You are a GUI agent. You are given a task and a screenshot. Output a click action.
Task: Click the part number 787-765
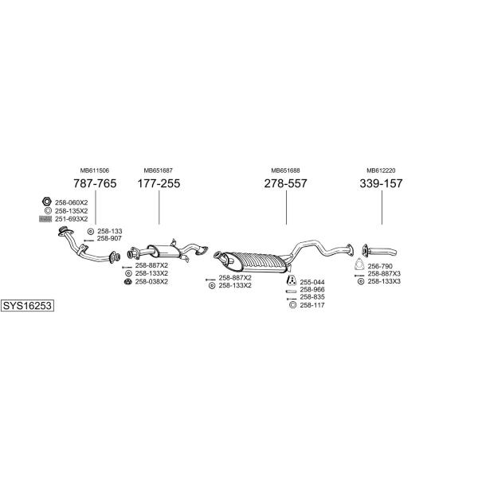coord(95,183)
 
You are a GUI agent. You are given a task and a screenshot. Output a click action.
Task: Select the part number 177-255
coord(159,183)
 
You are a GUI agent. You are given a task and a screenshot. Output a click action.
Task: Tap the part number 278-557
coord(286,183)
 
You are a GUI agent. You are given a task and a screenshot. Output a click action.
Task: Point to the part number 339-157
coord(381,183)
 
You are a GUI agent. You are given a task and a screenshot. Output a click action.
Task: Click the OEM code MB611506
coord(95,170)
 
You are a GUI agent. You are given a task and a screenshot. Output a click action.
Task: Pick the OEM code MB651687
coord(159,170)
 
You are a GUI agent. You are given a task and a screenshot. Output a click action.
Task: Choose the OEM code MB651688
coord(286,170)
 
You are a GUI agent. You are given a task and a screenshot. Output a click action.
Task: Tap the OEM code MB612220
coord(381,170)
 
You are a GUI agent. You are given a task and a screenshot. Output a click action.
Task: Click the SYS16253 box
coord(27,305)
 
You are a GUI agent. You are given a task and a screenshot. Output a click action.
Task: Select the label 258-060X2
coord(72,202)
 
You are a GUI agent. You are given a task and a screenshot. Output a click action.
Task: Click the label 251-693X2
coord(72,219)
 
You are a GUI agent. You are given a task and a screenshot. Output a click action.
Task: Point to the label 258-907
coord(109,239)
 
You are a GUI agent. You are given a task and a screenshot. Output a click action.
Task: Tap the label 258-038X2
coord(151,282)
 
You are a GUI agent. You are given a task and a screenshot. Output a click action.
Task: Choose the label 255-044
coord(312,282)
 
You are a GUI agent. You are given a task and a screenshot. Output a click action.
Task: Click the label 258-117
coord(312,305)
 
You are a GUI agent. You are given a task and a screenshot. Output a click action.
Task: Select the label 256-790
coord(380,266)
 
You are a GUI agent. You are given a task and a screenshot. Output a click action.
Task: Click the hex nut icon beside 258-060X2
coord(47,202)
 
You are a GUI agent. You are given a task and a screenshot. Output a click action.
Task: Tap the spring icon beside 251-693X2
coord(45,219)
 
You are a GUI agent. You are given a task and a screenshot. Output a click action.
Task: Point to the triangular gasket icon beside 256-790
coord(360,264)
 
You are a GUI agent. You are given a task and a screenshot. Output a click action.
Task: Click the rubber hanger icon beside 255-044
coord(292,280)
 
